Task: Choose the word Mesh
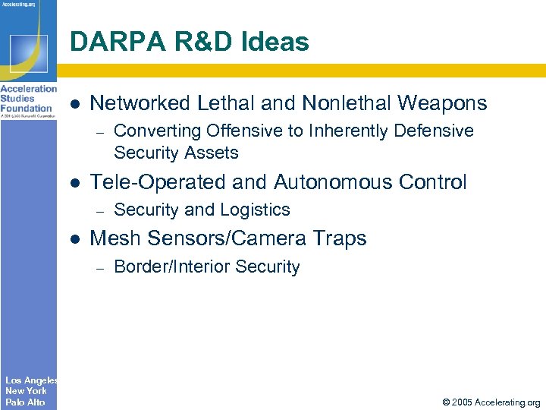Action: click(115, 238)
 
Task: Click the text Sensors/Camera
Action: click(228, 238)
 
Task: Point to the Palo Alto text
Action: click(25, 402)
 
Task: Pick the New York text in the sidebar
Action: click(26, 391)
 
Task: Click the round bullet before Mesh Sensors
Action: click(74, 239)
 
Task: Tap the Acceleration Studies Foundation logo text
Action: click(28, 99)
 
